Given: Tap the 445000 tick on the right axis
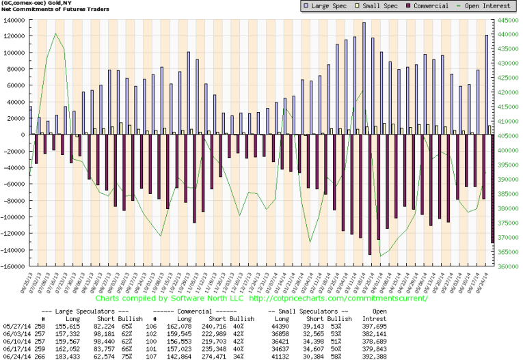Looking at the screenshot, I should point(506,20).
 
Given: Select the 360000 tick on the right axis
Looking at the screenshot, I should point(506,266).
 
